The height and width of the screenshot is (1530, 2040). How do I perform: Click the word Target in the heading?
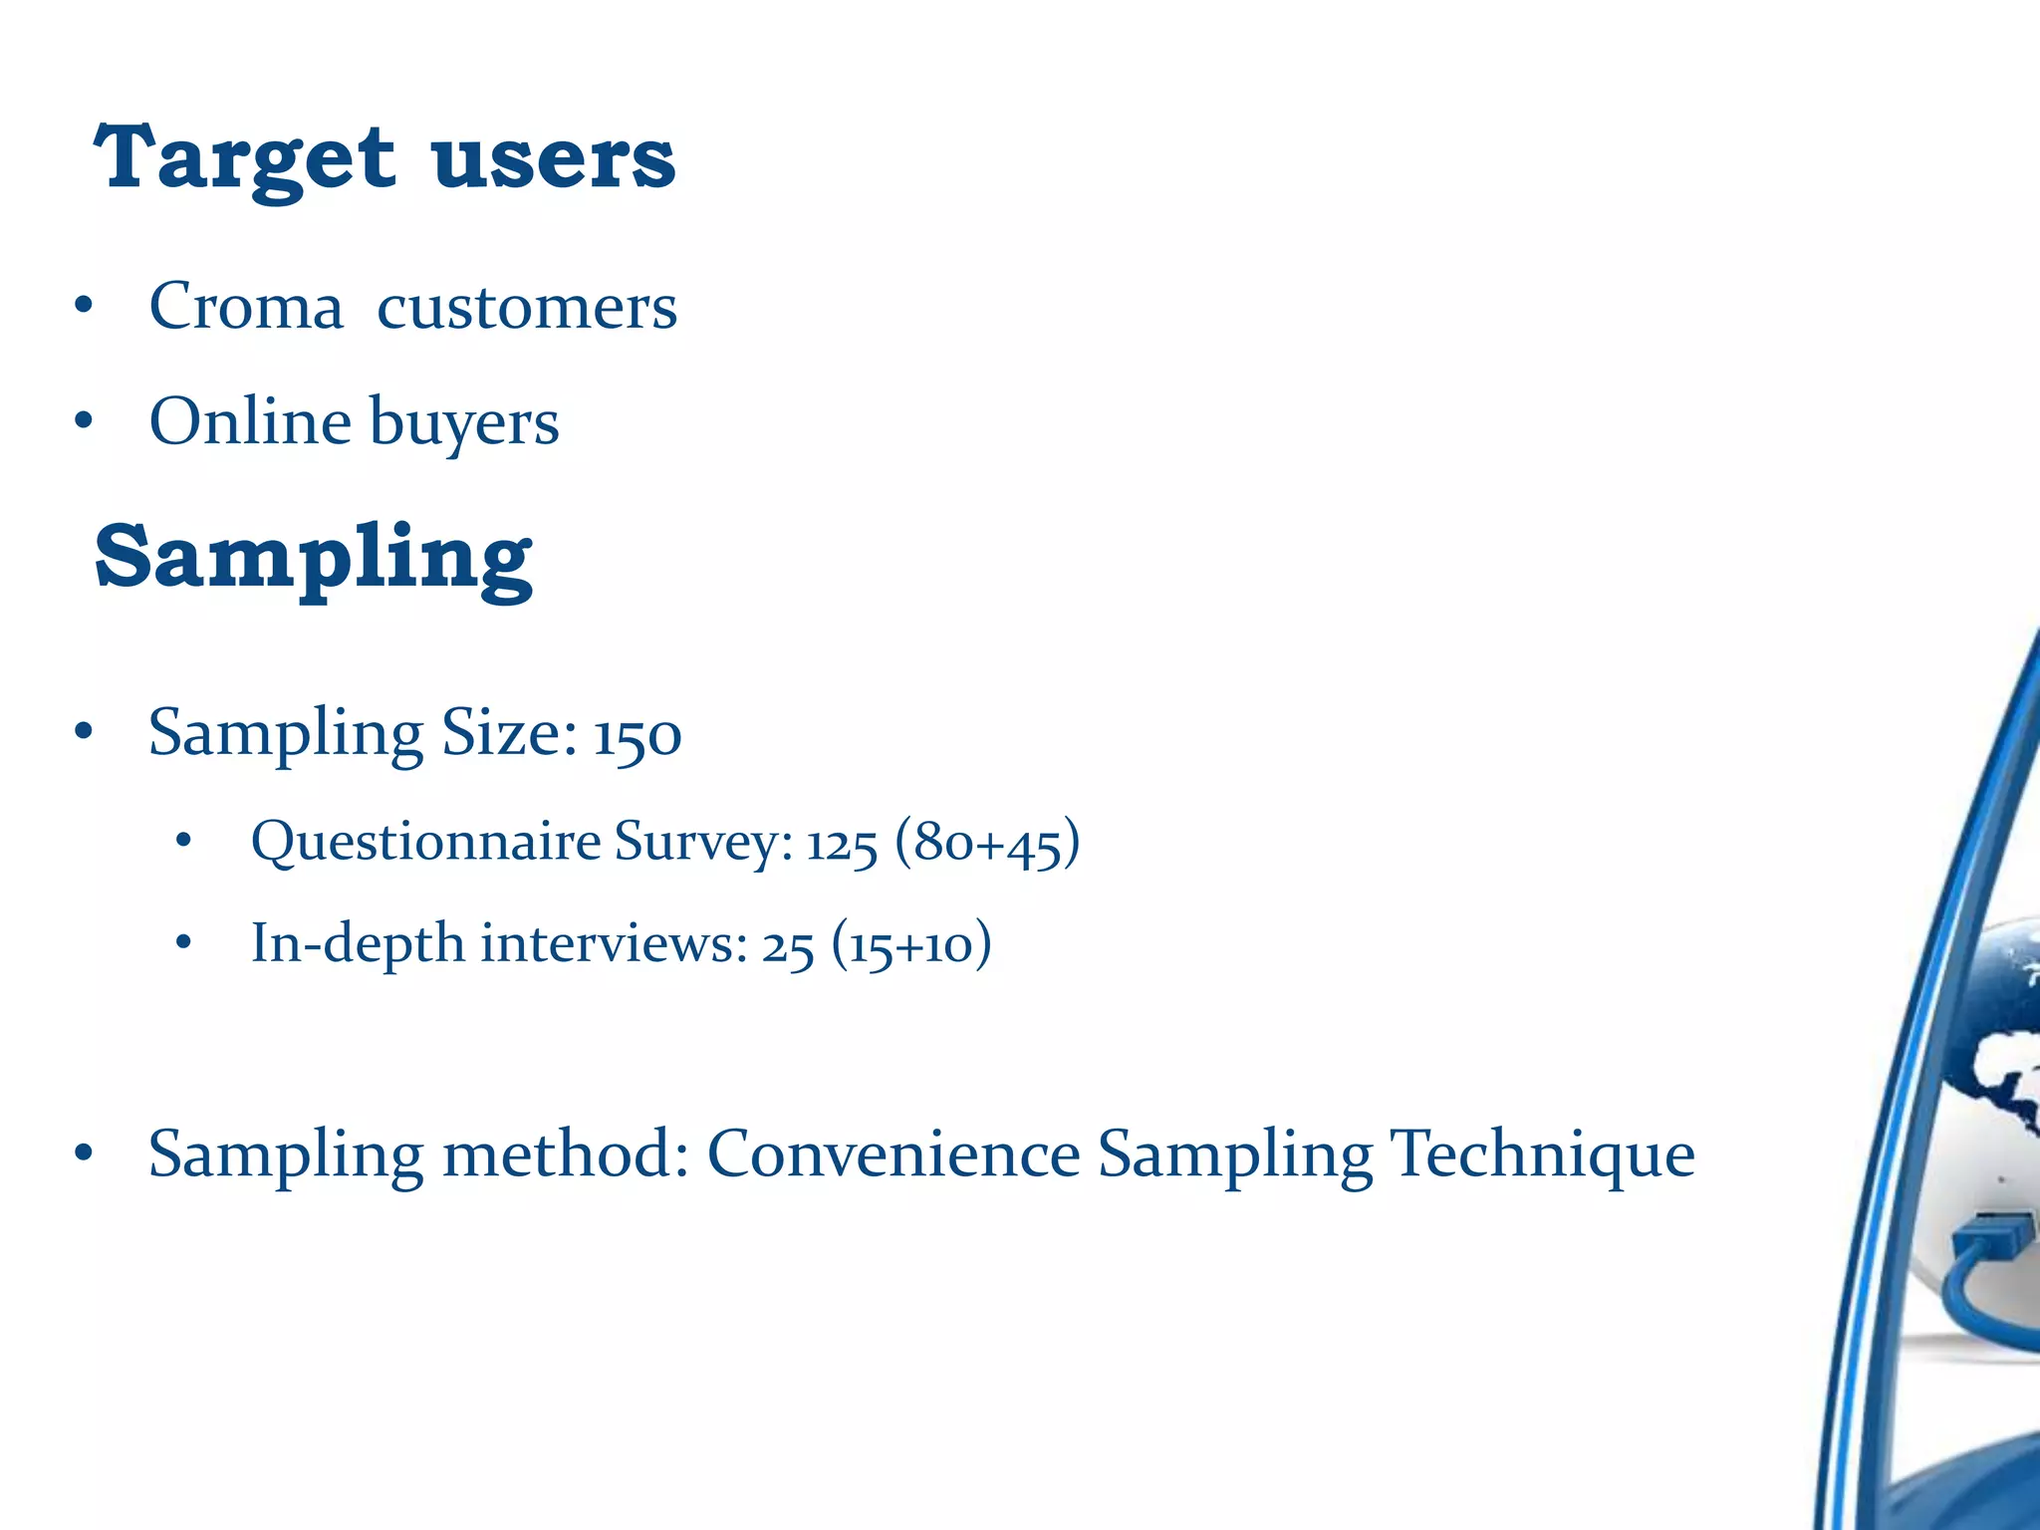coord(245,159)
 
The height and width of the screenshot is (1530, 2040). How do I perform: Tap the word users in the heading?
coord(554,159)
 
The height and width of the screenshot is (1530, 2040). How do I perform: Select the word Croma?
coord(246,306)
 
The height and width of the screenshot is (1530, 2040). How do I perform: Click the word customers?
coord(527,306)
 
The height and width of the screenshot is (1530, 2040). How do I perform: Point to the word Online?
coord(249,421)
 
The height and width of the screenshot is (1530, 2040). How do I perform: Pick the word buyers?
coord(464,423)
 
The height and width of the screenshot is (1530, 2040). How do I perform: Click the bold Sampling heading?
coord(314,558)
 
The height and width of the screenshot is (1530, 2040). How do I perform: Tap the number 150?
coord(637,736)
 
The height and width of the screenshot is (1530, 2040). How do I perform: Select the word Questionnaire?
coord(425,842)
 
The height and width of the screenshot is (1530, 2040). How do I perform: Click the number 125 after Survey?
coord(842,844)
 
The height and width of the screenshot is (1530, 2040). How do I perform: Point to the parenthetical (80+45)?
coord(987,842)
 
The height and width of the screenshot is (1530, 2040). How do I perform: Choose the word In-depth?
coord(358,943)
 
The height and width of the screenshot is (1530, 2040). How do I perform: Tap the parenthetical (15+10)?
coord(911,943)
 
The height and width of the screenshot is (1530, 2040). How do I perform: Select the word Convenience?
coord(893,1154)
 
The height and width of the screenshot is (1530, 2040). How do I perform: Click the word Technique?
coord(1542,1154)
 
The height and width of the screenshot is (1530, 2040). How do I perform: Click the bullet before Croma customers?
coord(84,307)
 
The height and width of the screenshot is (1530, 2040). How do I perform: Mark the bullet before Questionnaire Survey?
coord(182,843)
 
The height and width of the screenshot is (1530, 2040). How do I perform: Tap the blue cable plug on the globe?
coord(1988,1240)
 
